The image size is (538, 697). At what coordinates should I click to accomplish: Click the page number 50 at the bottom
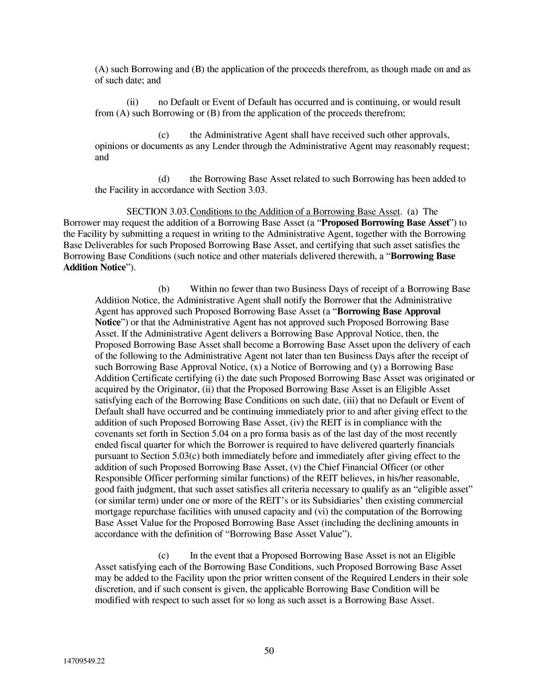coord(269,650)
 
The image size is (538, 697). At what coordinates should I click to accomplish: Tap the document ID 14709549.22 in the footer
coord(81,662)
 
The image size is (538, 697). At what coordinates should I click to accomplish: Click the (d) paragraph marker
coord(163,179)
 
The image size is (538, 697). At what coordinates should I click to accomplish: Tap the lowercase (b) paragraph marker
coord(163,289)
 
